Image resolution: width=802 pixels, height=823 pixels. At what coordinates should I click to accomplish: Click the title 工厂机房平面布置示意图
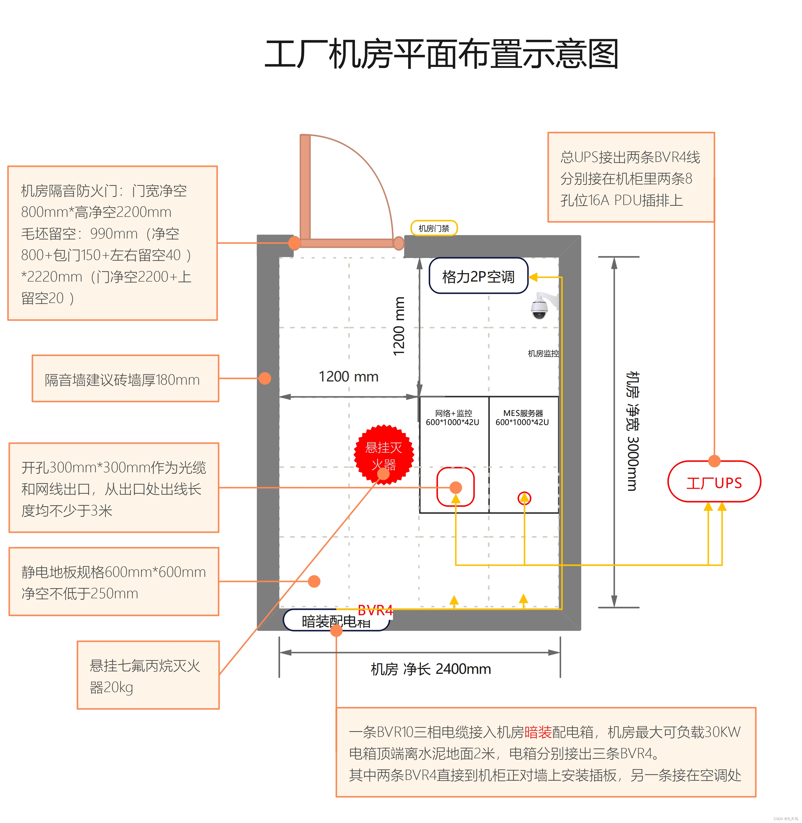(x=441, y=54)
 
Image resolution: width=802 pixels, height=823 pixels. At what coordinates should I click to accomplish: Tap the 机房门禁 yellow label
(x=434, y=228)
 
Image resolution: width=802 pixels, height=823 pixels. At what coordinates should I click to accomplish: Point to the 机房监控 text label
(x=543, y=354)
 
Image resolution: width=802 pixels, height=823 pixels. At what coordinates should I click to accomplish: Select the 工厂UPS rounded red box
(x=714, y=482)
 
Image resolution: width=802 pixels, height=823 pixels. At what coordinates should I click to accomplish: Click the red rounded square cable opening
(x=455, y=487)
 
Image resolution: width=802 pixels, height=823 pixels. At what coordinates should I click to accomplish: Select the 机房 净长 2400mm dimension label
(x=431, y=669)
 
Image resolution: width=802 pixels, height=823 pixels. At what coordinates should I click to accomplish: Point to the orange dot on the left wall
(x=265, y=378)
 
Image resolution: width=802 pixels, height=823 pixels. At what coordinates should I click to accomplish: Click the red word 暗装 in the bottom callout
(x=538, y=732)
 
